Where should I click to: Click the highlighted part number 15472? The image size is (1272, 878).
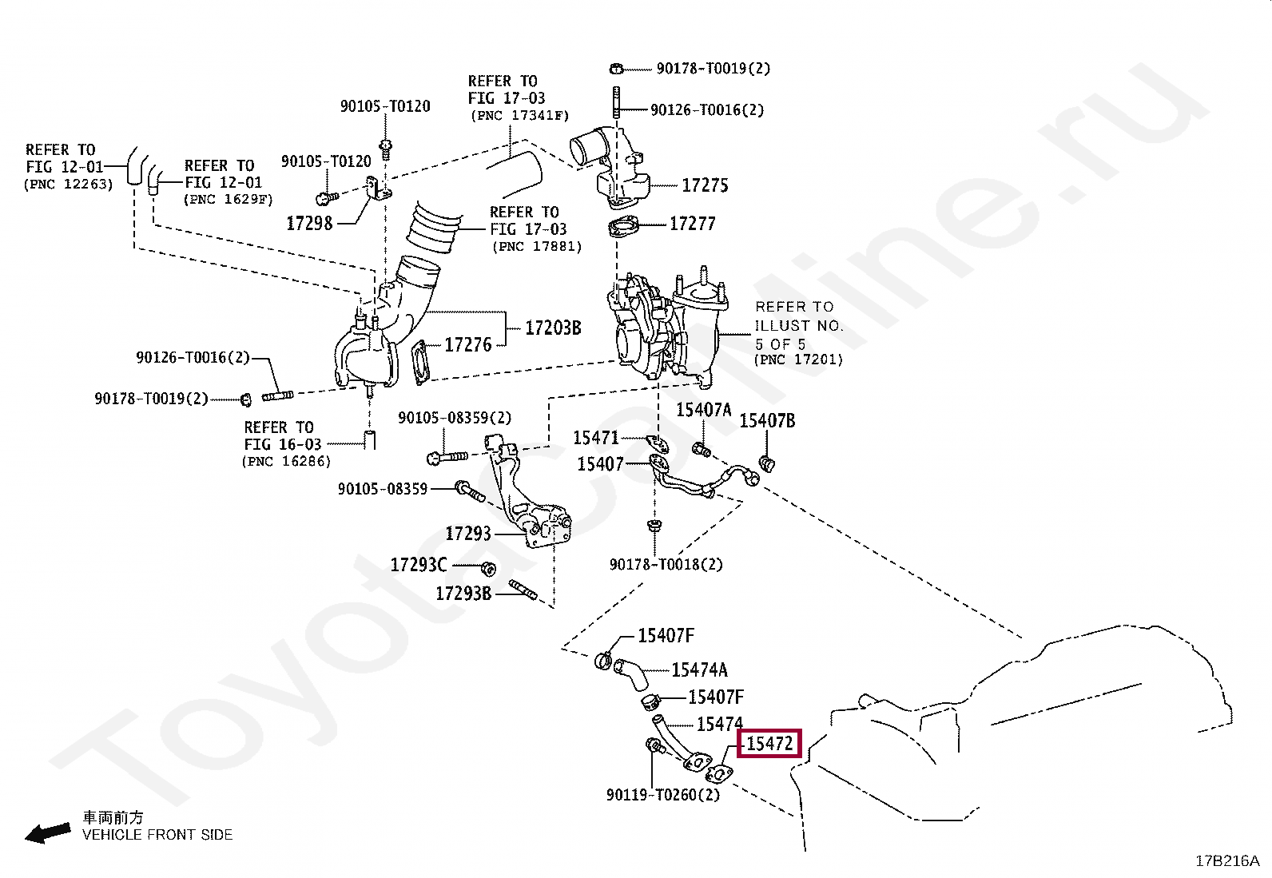[769, 744]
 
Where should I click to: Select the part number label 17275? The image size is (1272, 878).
[705, 185]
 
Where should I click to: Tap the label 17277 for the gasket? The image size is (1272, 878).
[692, 224]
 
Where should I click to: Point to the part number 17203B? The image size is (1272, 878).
[553, 328]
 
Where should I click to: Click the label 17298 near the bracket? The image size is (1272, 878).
[309, 223]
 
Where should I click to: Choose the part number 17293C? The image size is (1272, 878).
[419, 566]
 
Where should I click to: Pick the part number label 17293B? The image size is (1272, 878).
[463, 594]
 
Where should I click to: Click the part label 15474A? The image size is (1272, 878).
[699, 670]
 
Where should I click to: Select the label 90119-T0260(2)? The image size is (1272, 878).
[663, 795]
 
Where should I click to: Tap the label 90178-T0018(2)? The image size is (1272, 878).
[666, 565]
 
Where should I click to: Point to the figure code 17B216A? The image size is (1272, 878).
[1226, 861]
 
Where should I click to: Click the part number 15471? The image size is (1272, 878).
[596, 438]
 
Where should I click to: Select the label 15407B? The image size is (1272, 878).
[767, 421]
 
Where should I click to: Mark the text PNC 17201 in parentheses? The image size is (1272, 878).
[798, 360]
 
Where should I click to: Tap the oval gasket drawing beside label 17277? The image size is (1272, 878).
[624, 228]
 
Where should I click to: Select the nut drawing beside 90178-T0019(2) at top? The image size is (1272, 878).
[615, 68]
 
